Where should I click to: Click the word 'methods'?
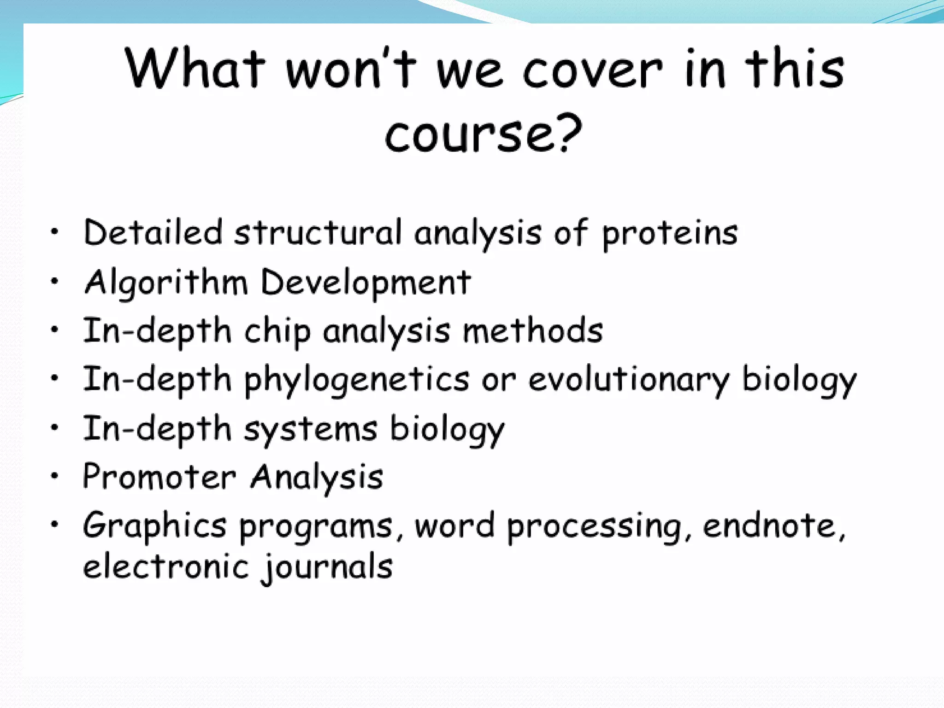coord(533,330)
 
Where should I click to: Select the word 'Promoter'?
coord(159,477)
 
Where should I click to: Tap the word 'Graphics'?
coord(154,526)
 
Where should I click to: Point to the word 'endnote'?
coord(769,526)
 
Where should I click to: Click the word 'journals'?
coord(327,567)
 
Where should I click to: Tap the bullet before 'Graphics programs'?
coord(55,524)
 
